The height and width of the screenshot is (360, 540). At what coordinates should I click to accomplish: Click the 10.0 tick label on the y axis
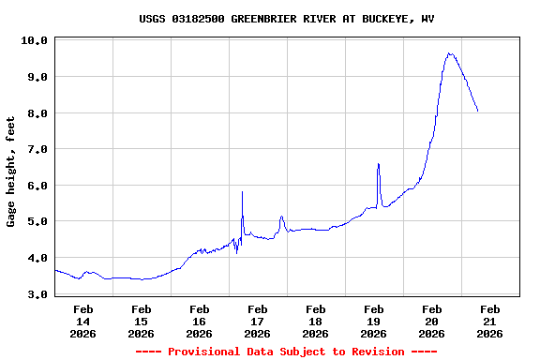click(x=34, y=40)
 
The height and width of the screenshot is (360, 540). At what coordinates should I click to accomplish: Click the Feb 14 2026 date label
click(x=82, y=321)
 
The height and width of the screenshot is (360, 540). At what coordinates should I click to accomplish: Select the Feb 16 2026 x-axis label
click(x=199, y=321)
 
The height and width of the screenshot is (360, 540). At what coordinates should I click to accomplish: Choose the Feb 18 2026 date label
click(x=315, y=321)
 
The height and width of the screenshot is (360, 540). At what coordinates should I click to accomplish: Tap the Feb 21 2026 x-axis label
click(x=489, y=321)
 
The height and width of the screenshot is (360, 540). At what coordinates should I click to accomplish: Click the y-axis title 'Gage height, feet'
click(x=11, y=172)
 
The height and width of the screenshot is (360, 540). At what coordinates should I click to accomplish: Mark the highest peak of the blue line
click(x=450, y=53)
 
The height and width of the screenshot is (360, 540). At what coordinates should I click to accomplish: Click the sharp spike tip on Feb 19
click(x=378, y=164)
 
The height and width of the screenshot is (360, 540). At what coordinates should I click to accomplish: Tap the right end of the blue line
click(x=478, y=112)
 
